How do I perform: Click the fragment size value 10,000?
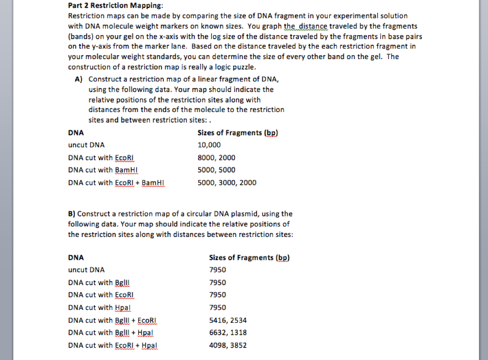[209, 145]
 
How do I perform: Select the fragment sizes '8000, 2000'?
[216, 157]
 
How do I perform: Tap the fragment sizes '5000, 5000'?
[216, 170]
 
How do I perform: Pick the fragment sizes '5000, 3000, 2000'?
[227, 182]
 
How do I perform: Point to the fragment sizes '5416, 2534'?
[228, 320]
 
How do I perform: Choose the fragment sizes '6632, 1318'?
[228, 332]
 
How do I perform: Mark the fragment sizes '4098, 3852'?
[228, 345]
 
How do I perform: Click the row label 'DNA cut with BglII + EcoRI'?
[112, 320]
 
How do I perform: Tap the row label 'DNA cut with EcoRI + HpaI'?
[112, 345]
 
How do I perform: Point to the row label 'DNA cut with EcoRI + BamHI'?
[116, 182]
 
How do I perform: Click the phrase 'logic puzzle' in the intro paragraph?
[236, 66]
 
